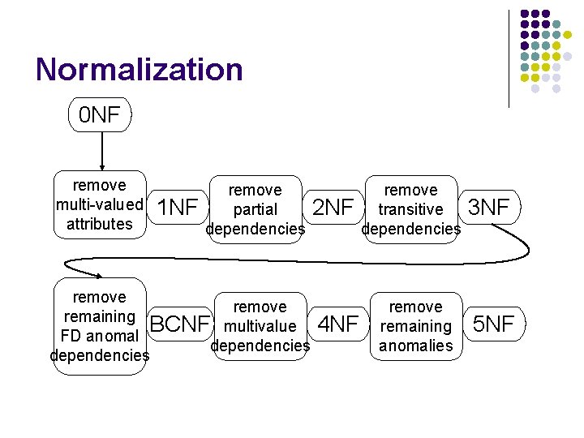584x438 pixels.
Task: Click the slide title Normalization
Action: click(x=139, y=70)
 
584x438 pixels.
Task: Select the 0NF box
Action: click(x=99, y=116)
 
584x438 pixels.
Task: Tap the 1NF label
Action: click(x=177, y=208)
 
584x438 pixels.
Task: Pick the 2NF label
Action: click(x=333, y=208)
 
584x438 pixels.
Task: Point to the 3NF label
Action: click(x=488, y=208)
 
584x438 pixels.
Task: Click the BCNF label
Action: click(x=180, y=325)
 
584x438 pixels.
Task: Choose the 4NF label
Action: click(x=337, y=325)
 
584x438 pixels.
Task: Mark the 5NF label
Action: click(x=493, y=325)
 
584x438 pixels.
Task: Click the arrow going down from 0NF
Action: click(x=101, y=151)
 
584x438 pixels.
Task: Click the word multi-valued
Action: click(x=99, y=204)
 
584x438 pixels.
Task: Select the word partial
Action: click(x=255, y=209)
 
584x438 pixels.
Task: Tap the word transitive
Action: click(x=410, y=209)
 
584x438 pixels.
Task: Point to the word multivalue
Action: click(x=260, y=326)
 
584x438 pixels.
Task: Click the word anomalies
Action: click(x=415, y=346)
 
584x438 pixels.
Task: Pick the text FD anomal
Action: click(x=99, y=336)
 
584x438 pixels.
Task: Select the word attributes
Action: click(x=99, y=224)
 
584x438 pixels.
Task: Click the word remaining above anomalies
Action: click(x=415, y=326)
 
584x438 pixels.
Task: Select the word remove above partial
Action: click(x=255, y=190)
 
